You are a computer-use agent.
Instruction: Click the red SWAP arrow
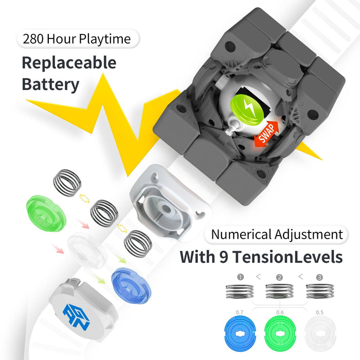pos(266,134)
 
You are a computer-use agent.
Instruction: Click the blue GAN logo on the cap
pos(76,317)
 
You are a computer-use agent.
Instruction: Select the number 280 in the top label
pos(33,39)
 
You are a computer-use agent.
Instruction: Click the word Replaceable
pos(69,63)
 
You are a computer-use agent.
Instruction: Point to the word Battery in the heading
pos(50,84)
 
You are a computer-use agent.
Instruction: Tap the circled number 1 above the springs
pos(240,277)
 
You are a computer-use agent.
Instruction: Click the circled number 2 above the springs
pos(279,278)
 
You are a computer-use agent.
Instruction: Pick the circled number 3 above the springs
pos(319,277)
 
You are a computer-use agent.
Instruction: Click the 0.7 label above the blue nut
pos(239,312)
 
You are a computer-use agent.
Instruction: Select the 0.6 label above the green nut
pos(280,312)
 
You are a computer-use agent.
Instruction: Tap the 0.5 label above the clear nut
pos(319,312)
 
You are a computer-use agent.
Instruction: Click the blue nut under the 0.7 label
pos(240,333)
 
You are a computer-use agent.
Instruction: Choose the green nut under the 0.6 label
pos(280,333)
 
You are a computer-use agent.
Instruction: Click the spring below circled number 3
pos(320,291)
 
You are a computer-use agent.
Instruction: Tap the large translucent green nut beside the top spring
pos(46,213)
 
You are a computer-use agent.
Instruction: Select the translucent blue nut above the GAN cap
pos(131,285)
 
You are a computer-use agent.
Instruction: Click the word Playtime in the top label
pos(105,39)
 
